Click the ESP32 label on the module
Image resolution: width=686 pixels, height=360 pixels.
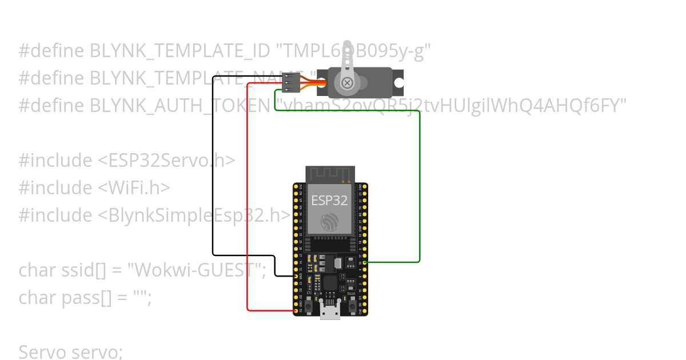329,201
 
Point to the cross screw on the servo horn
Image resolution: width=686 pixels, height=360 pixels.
347,83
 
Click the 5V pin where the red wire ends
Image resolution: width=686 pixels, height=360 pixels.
297,310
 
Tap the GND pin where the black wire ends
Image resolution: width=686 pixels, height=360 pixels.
297,276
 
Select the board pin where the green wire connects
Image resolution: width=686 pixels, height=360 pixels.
364,262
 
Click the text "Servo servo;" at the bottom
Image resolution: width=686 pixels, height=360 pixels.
70,352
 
